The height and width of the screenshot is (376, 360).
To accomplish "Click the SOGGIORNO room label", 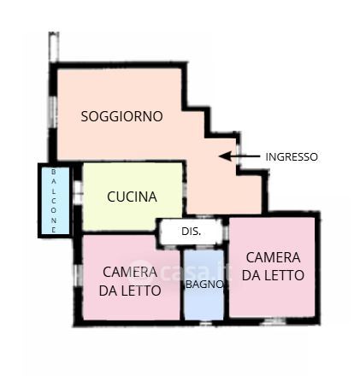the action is click(121, 116).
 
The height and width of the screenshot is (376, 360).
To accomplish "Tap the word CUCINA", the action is click(132, 197).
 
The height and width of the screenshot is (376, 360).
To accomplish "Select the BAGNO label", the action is click(204, 285).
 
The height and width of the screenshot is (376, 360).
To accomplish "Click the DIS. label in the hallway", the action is click(192, 232).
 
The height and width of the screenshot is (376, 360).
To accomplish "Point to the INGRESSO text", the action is click(292, 156).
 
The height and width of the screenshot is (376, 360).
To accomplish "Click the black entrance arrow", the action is click(239, 156).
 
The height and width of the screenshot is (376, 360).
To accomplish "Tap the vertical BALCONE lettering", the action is click(54, 201).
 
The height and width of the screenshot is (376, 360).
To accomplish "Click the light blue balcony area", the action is click(56, 201).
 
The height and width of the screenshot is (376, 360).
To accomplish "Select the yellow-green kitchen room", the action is click(133, 197).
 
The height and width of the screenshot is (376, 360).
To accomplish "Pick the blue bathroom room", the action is click(204, 285).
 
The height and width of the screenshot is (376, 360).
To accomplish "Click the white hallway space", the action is click(191, 232).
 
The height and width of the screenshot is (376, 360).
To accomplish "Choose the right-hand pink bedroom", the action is click(272, 267).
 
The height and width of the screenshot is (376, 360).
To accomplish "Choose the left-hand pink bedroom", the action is click(131, 278).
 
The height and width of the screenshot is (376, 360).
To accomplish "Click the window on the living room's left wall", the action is click(53, 111).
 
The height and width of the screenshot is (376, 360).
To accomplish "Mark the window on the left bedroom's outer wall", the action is click(77, 275).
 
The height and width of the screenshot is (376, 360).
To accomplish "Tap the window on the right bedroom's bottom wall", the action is click(274, 321).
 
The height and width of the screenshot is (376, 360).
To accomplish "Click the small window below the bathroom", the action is click(205, 323).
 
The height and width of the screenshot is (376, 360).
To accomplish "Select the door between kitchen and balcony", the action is click(78, 192).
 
